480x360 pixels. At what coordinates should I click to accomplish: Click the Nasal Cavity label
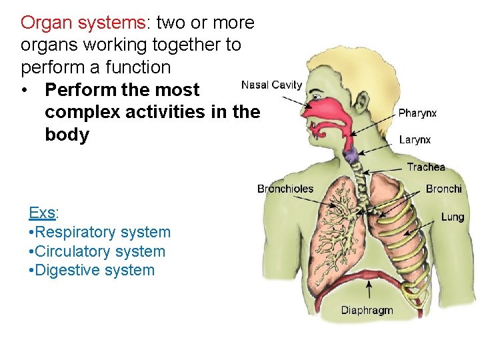[271, 85]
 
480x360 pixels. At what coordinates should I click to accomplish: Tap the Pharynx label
[417, 113]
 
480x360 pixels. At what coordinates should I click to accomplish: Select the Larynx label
[415, 140]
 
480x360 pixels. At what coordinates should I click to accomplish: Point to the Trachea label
[425, 167]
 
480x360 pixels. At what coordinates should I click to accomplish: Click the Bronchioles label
[285, 189]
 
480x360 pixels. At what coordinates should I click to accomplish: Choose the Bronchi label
[443, 189]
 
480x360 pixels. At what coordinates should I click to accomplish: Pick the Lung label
[452, 217]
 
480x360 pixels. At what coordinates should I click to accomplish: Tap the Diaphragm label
[367, 310]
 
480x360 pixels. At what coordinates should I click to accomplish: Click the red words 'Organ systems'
[83, 23]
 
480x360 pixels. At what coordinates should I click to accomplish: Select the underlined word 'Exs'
[42, 213]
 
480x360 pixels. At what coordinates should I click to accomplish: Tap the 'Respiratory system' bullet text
[100, 232]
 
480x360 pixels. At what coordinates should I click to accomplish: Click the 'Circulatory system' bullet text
[97, 251]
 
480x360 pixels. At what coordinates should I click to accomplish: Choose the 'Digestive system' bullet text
[92, 270]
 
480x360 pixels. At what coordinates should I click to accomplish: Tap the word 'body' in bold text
[67, 135]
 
